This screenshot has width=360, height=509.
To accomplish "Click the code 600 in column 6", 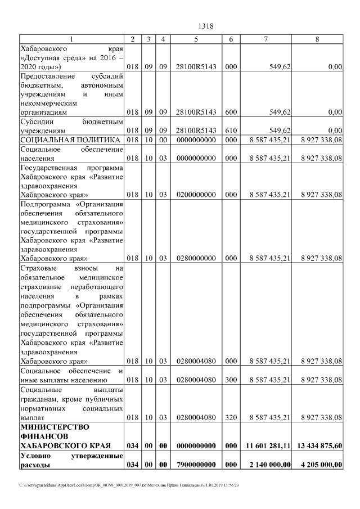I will (x=231, y=112).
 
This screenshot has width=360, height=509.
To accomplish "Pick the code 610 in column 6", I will (x=231, y=130).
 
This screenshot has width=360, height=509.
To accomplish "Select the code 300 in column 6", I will (x=231, y=380).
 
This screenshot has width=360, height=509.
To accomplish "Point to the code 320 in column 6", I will (x=231, y=417).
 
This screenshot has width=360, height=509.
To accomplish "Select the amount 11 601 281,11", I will (x=268, y=445).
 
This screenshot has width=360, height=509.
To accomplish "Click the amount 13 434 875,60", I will (x=320, y=445).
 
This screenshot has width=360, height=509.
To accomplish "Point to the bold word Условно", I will (x=36, y=455).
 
